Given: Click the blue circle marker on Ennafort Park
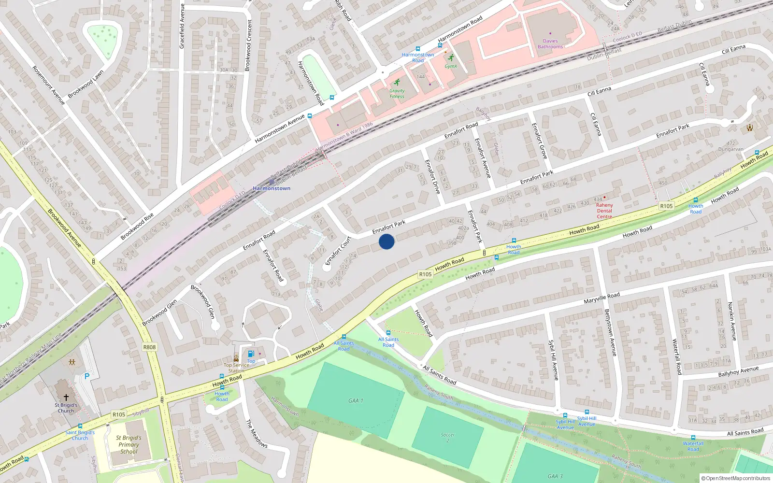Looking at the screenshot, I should [386, 241].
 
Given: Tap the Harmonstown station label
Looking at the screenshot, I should [272, 188].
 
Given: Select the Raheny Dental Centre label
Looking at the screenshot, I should [604, 211].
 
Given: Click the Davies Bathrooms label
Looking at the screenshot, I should [550, 44].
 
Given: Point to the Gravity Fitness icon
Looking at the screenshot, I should [397, 83].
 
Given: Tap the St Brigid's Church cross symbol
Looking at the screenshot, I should [66, 397].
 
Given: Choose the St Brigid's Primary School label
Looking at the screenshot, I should [129, 445].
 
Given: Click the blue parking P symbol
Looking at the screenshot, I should [87, 376].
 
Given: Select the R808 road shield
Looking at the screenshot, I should [150, 347].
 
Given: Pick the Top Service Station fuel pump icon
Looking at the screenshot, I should [251, 354].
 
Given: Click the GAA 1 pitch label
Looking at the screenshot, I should [356, 401].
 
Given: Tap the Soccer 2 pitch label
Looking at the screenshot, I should [448, 438].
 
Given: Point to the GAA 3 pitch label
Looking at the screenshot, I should [555, 476].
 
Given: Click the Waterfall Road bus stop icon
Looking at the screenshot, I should [693, 438].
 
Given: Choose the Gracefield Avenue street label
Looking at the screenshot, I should [182, 26].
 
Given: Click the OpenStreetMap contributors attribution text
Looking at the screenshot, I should [736, 479].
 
